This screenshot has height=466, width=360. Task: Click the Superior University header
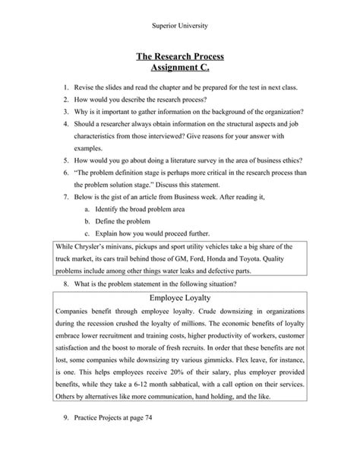pos(179,26)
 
